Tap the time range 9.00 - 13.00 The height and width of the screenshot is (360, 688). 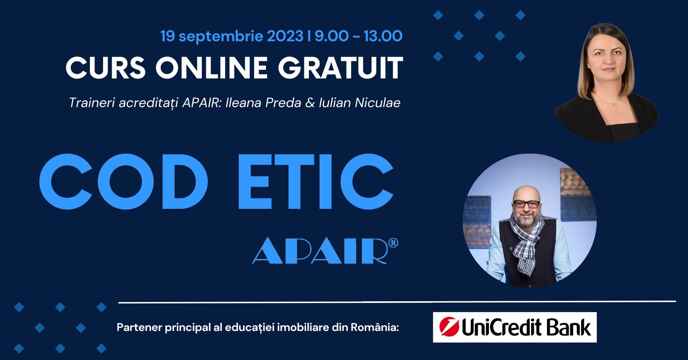pyautogui.click(x=359, y=36)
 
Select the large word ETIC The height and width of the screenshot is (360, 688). pyautogui.click(x=315, y=182)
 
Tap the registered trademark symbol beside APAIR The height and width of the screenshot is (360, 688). pyautogui.click(x=393, y=243)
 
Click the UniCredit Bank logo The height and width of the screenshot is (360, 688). pyautogui.click(x=515, y=327)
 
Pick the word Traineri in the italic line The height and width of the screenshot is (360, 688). pyautogui.click(x=92, y=103)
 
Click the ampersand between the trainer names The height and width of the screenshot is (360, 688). pyautogui.click(x=310, y=103)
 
